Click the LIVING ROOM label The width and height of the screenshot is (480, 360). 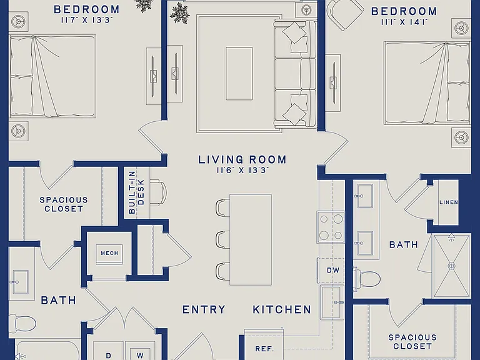pos(242,159)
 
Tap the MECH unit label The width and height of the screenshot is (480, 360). pos(109,253)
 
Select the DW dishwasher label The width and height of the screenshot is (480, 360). pos(332,270)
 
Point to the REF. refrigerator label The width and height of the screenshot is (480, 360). pos(264,349)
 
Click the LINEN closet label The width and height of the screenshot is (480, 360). pos(449,202)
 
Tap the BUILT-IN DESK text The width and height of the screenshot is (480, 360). pos(136,192)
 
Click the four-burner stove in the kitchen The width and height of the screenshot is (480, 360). pos(331,227)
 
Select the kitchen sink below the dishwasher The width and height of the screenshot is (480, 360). pos(332,302)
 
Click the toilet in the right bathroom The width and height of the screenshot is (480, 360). pos(367,279)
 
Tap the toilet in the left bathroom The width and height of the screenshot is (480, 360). pos(22,323)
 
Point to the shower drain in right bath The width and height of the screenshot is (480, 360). pos(451,266)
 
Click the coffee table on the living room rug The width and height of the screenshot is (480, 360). pos(239,74)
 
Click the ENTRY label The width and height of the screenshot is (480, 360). pos(204,309)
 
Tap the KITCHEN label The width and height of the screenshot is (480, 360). pos(282,309)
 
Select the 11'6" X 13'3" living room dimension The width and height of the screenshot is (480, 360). pos(242,171)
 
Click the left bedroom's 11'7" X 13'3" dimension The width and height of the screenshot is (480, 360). pos(87,21)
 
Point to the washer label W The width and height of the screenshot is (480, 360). pos(140,356)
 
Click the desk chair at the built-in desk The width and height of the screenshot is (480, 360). pos(159,192)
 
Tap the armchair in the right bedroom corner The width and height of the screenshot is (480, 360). pos(345,13)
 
